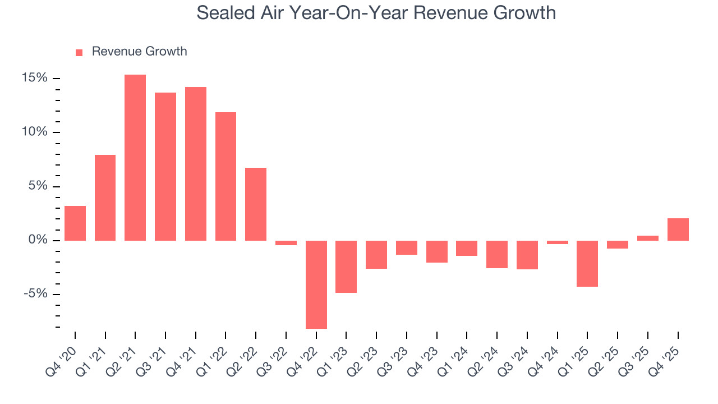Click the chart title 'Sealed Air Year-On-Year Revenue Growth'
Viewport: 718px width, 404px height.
[376, 12]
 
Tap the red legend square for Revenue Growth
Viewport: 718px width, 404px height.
[79, 52]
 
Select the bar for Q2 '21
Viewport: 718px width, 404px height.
[135, 158]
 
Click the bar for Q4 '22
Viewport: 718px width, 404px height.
[316, 284]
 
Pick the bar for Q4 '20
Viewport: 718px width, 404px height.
[75, 223]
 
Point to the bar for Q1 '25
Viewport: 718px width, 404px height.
[587, 264]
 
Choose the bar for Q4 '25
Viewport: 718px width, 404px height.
[678, 229]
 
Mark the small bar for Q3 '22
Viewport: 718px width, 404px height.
[286, 243]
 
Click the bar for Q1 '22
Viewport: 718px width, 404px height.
[225, 176]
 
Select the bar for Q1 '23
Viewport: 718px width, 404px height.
[346, 267]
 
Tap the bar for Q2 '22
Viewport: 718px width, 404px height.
[256, 204]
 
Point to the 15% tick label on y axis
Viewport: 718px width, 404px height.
[34, 78]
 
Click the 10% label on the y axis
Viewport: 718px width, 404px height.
[34, 132]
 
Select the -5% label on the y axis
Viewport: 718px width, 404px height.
[35, 295]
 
